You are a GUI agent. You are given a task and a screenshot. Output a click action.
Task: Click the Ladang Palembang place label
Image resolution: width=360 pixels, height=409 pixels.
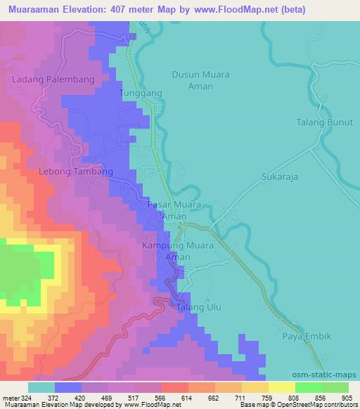click(x=53, y=79)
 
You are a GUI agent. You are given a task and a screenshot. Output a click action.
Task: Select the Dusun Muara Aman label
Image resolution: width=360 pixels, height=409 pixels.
click(x=201, y=79)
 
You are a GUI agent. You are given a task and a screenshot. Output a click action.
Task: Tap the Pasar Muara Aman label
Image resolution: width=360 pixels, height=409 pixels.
click(x=174, y=210)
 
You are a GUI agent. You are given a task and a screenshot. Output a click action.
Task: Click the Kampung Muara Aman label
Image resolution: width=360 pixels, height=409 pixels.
click(x=176, y=252)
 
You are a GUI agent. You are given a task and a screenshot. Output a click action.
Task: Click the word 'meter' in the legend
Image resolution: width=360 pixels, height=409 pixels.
click(x=11, y=397)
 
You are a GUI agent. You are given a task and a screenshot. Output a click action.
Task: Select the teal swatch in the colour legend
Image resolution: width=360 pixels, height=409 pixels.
click(x=41, y=387)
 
